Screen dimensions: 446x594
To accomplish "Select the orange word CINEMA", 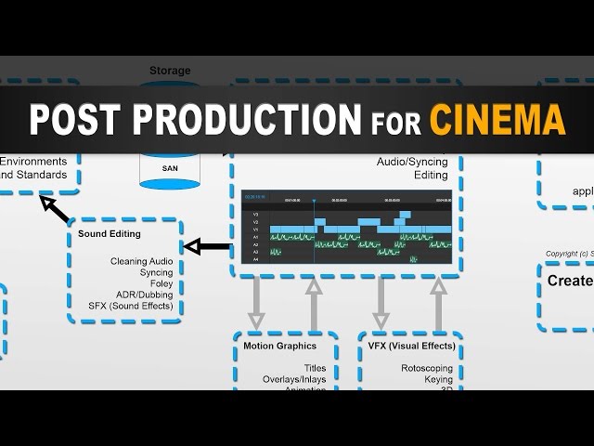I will pyautogui.click(x=497, y=120).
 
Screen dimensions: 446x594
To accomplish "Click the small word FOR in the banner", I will pyautogui.click(x=394, y=122).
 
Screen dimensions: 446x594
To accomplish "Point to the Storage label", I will pyautogui.click(x=170, y=71).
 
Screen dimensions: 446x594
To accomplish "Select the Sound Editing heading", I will pyautogui.click(x=110, y=234).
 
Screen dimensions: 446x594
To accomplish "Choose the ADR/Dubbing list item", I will pyautogui.click(x=147, y=295).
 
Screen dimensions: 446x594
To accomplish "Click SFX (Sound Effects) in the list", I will pyautogui.click(x=131, y=306).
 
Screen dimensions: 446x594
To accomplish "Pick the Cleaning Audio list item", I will pyautogui.click(x=141, y=261).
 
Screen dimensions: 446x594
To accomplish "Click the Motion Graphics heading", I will pyautogui.click(x=279, y=346).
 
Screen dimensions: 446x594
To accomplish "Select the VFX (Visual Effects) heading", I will pyautogui.click(x=411, y=346).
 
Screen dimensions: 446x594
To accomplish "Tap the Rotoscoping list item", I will pyautogui.click(x=427, y=368).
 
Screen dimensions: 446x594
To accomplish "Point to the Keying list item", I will pyautogui.click(x=438, y=379).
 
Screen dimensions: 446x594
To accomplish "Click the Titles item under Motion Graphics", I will pyautogui.click(x=315, y=368).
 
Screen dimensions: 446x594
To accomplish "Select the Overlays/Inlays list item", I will pyautogui.click(x=294, y=379).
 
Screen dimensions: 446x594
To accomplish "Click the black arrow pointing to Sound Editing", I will pyautogui.click(x=207, y=246).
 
